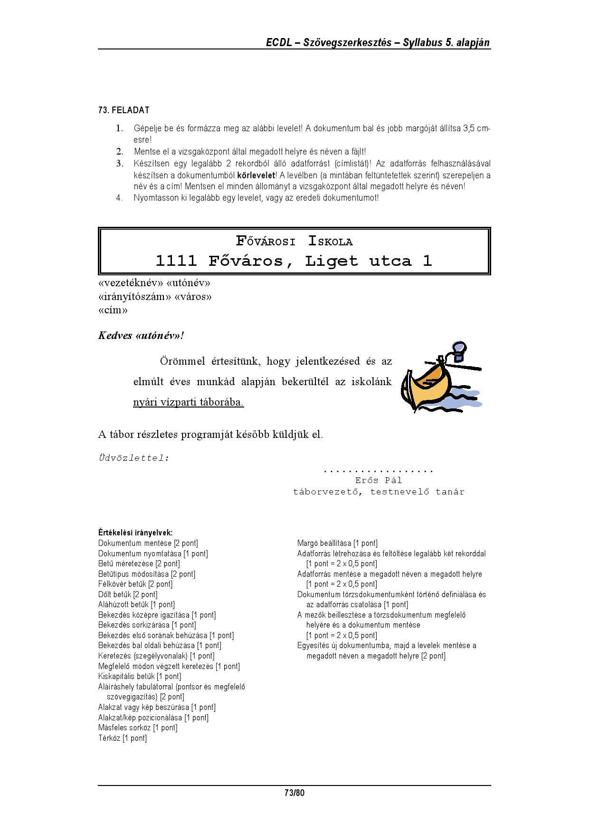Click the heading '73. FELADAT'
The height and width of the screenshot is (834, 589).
[x=123, y=110]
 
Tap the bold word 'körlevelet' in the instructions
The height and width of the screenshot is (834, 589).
[x=256, y=175]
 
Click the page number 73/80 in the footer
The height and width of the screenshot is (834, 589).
[x=294, y=793]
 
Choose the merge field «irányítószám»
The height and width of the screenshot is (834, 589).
[x=134, y=297]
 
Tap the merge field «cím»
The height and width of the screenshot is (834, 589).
[x=113, y=310]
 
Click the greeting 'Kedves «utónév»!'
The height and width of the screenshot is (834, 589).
[x=141, y=336]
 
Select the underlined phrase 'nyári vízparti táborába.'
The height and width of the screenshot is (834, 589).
[x=188, y=402]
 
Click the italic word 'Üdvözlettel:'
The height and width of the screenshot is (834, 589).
[x=133, y=458]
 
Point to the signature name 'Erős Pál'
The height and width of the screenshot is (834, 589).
[x=379, y=480]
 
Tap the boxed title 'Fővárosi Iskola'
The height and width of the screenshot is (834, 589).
[x=294, y=242]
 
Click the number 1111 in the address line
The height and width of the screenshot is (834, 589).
[x=176, y=261]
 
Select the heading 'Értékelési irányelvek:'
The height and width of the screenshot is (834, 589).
[x=135, y=533]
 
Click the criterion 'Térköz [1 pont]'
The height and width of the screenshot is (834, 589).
[x=123, y=738]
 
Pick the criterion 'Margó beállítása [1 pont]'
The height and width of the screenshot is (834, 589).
[x=337, y=543]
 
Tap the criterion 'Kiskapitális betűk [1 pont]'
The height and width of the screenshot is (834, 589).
[x=140, y=677]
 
